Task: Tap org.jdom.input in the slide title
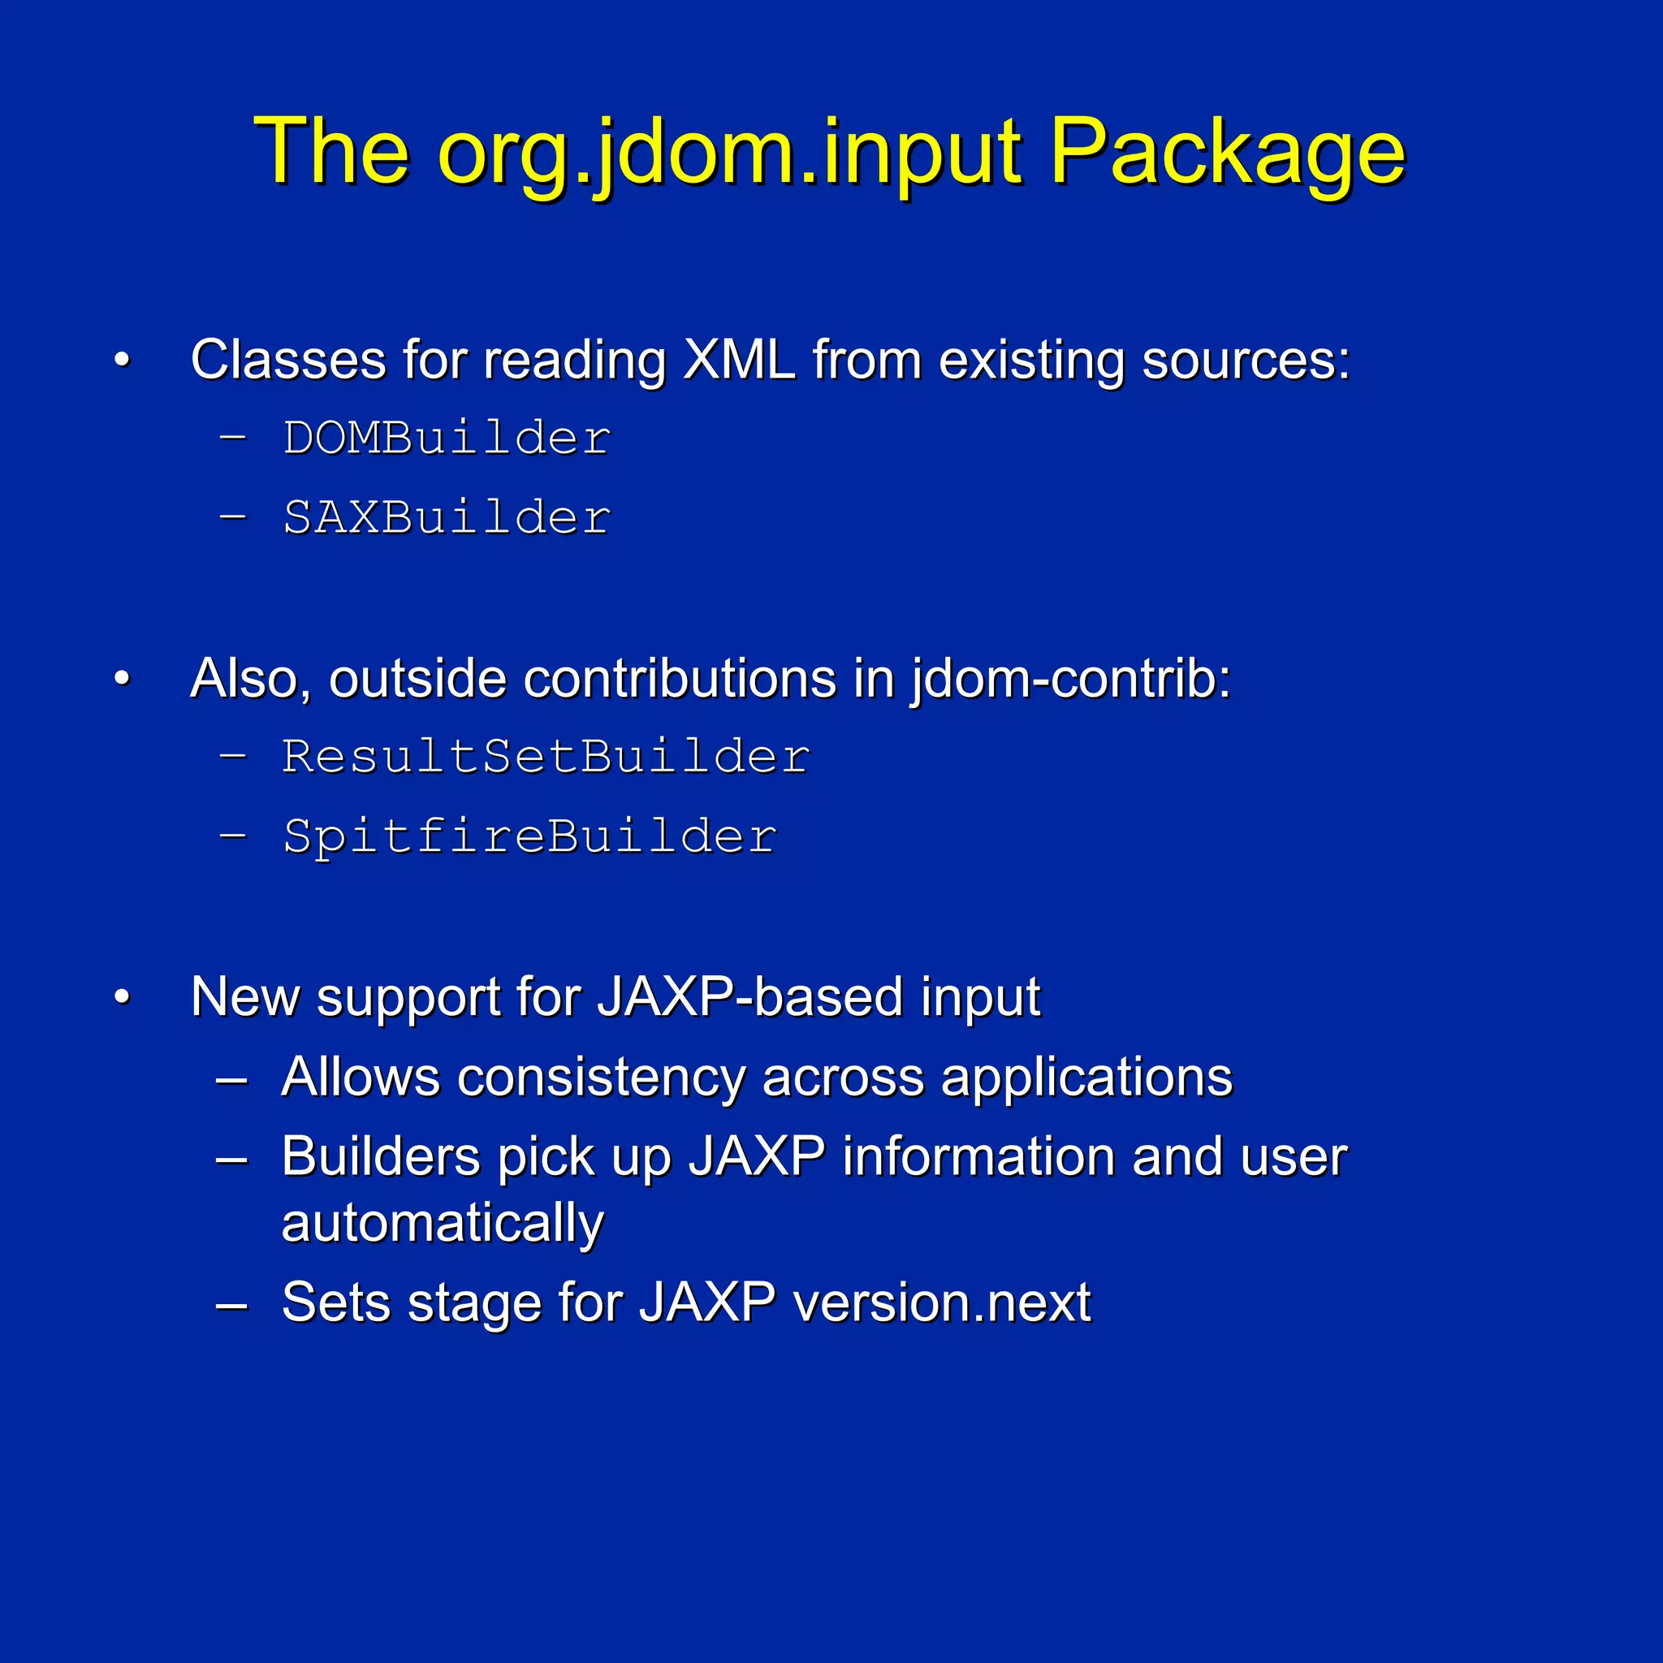(x=730, y=153)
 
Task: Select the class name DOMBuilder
(x=447, y=438)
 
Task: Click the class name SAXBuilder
(x=447, y=517)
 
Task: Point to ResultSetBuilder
(x=546, y=757)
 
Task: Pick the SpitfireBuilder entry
(x=529, y=836)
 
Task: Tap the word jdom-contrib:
(x=1072, y=678)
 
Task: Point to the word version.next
(x=942, y=1302)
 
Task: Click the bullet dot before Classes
(x=123, y=361)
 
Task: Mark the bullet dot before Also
(x=123, y=679)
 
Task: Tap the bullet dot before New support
(x=123, y=998)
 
